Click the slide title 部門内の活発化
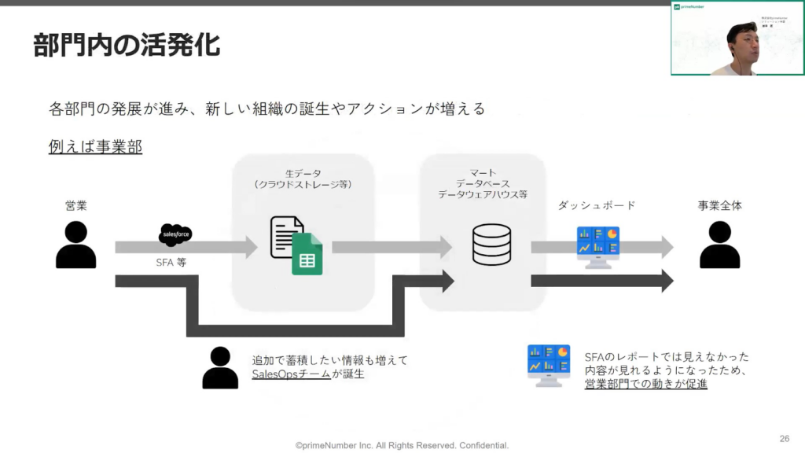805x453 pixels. [x=127, y=45]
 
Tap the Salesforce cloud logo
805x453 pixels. [x=175, y=234]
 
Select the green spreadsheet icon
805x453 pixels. [x=307, y=253]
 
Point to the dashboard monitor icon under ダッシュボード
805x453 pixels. [x=598, y=245]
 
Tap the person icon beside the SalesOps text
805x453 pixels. [x=220, y=367]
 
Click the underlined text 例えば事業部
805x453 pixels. [x=95, y=146]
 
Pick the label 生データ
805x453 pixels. [x=303, y=173]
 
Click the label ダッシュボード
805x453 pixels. [x=597, y=205]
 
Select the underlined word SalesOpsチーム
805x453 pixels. [x=291, y=374]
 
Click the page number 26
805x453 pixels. [x=784, y=438]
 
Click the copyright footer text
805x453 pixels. [x=402, y=445]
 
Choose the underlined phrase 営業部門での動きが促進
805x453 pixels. [x=646, y=384]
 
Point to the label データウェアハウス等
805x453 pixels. [x=483, y=193]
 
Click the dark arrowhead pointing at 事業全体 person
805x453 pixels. [x=666, y=280]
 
